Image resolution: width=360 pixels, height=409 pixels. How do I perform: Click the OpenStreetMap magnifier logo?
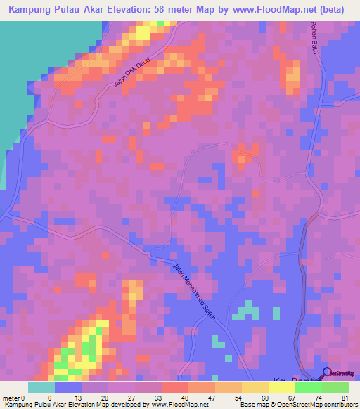(328, 373)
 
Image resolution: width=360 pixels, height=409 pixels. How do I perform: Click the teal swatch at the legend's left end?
(41, 387)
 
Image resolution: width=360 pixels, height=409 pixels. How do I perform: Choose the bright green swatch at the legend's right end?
(335, 387)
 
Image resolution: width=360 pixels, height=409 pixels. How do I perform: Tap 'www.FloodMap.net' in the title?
(268, 10)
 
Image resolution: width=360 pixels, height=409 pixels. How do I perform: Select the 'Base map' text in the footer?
(254, 405)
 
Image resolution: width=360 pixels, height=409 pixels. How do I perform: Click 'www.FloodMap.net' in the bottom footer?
(176, 405)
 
